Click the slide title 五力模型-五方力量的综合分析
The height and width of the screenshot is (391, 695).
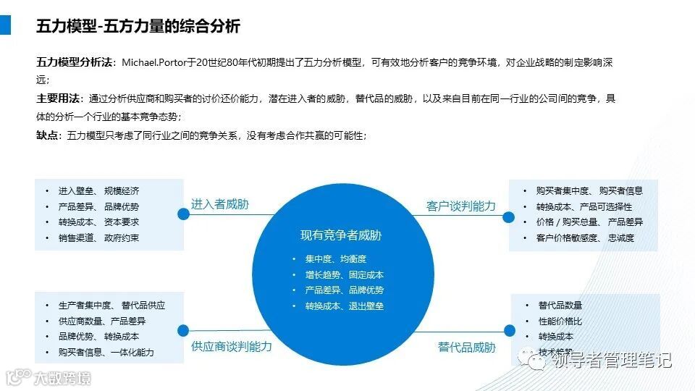pyautogui.click(x=138, y=27)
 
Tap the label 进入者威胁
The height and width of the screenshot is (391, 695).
pyautogui.click(x=219, y=205)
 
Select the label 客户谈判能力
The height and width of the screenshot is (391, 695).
pyautogui.click(x=461, y=206)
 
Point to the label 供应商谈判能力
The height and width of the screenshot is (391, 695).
pyautogui.click(x=232, y=347)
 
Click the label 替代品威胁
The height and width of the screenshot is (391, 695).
pyautogui.click(x=467, y=348)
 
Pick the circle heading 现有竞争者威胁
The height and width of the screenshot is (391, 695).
pyautogui.click(x=341, y=235)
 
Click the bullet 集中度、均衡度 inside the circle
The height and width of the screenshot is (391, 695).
pyautogui.click(x=336, y=259)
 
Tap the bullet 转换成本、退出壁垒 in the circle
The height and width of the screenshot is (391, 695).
pyautogui.click(x=344, y=306)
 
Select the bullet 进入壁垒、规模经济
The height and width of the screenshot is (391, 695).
pyautogui.click(x=98, y=191)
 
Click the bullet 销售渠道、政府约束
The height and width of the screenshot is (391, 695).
pyautogui.click(x=98, y=238)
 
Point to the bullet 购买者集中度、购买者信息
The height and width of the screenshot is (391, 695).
pyautogui.click(x=589, y=191)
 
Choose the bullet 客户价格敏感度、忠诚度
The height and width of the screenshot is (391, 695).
pyautogui.click(x=585, y=238)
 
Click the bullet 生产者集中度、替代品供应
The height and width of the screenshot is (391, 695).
pyautogui.click(x=111, y=306)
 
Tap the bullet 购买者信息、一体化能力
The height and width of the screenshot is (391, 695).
pyautogui.click(x=106, y=353)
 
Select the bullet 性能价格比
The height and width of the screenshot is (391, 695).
pyautogui.click(x=560, y=321)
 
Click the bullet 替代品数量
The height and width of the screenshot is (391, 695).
pyautogui.click(x=560, y=306)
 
